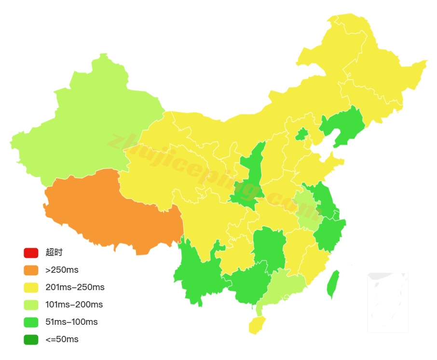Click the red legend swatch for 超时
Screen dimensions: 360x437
pyautogui.click(x=31, y=253)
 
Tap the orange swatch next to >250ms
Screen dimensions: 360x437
pyautogui.click(x=31, y=270)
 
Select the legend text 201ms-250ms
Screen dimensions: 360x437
pyautogui.click(x=75, y=288)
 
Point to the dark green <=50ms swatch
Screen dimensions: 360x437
pyautogui.click(x=31, y=340)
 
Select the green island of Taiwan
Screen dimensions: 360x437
pyautogui.click(x=333, y=284)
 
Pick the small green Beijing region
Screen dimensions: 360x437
pyautogui.click(x=302, y=134)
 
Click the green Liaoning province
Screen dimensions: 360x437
pyautogui.click(x=345, y=126)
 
